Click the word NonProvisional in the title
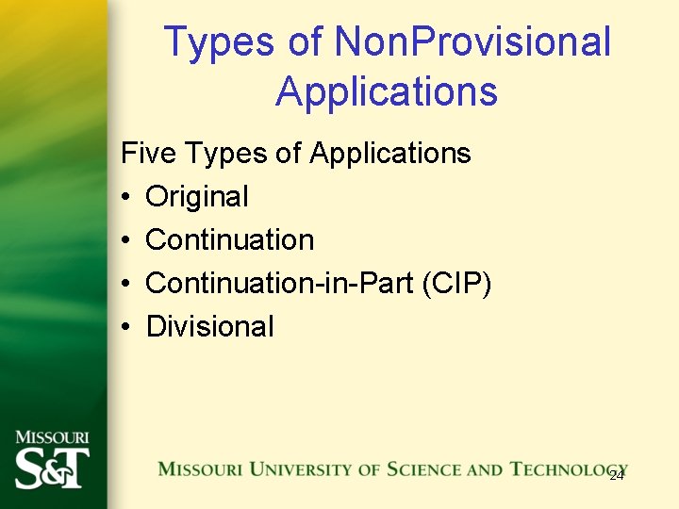click(473, 42)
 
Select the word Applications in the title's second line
click(387, 91)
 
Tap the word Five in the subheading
click(150, 153)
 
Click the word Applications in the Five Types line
click(390, 153)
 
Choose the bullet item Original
click(197, 196)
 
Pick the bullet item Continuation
click(230, 239)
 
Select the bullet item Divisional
click(210, 326)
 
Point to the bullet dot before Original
click(126, 197)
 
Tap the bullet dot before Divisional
click(126, 327)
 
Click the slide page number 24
click(617, 476)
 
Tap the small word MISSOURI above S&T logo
click(52, 437)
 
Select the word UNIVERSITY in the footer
click(291, 468)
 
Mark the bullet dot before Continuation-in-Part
click(126, 284)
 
